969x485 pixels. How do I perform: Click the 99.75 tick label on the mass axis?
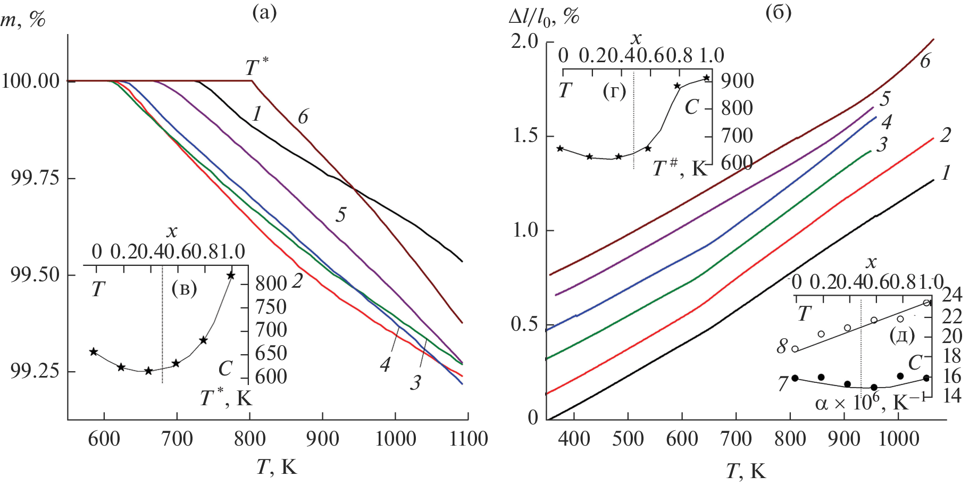coord(34,178)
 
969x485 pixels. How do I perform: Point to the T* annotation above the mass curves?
coord(256,68)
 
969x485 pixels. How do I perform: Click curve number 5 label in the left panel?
coord(341,214)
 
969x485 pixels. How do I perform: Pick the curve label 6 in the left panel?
coord(303,116)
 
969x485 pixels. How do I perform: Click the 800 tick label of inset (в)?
coord(271,283)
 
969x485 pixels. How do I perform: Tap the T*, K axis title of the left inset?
coord(226,398)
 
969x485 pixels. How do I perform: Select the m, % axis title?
coord(23,19)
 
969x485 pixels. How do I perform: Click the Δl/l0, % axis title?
coord(544,17)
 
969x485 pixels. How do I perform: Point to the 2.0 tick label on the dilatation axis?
coord(524,41)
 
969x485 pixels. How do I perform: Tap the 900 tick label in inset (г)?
coord(737,81)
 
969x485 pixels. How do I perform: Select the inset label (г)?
coord(614,91)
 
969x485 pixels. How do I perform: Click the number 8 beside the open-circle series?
coord(782,346)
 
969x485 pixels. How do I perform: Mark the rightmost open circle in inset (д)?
coord(926,303)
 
